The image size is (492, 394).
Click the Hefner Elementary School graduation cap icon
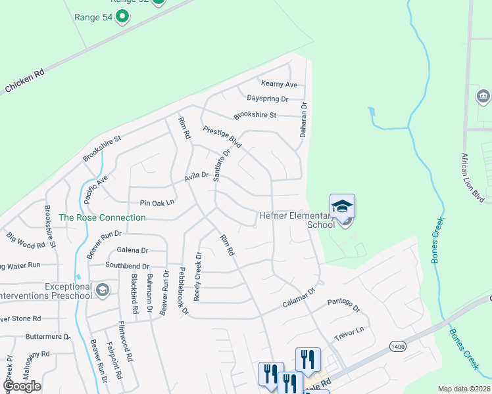tap(342, 206)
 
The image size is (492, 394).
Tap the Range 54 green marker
tap(122, 16)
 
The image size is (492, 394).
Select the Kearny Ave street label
tap(279, 84)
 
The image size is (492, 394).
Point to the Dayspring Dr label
tap(268, 98)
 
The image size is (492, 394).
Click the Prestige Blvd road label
tap(222, 137)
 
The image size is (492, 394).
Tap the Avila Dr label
tap(196, 175)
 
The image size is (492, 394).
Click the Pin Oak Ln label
tap(157, 202)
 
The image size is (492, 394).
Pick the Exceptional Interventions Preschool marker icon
tap(102, 290)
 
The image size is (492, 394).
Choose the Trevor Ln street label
tap(349, 332)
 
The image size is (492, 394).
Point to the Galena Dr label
tap(132, 250)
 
